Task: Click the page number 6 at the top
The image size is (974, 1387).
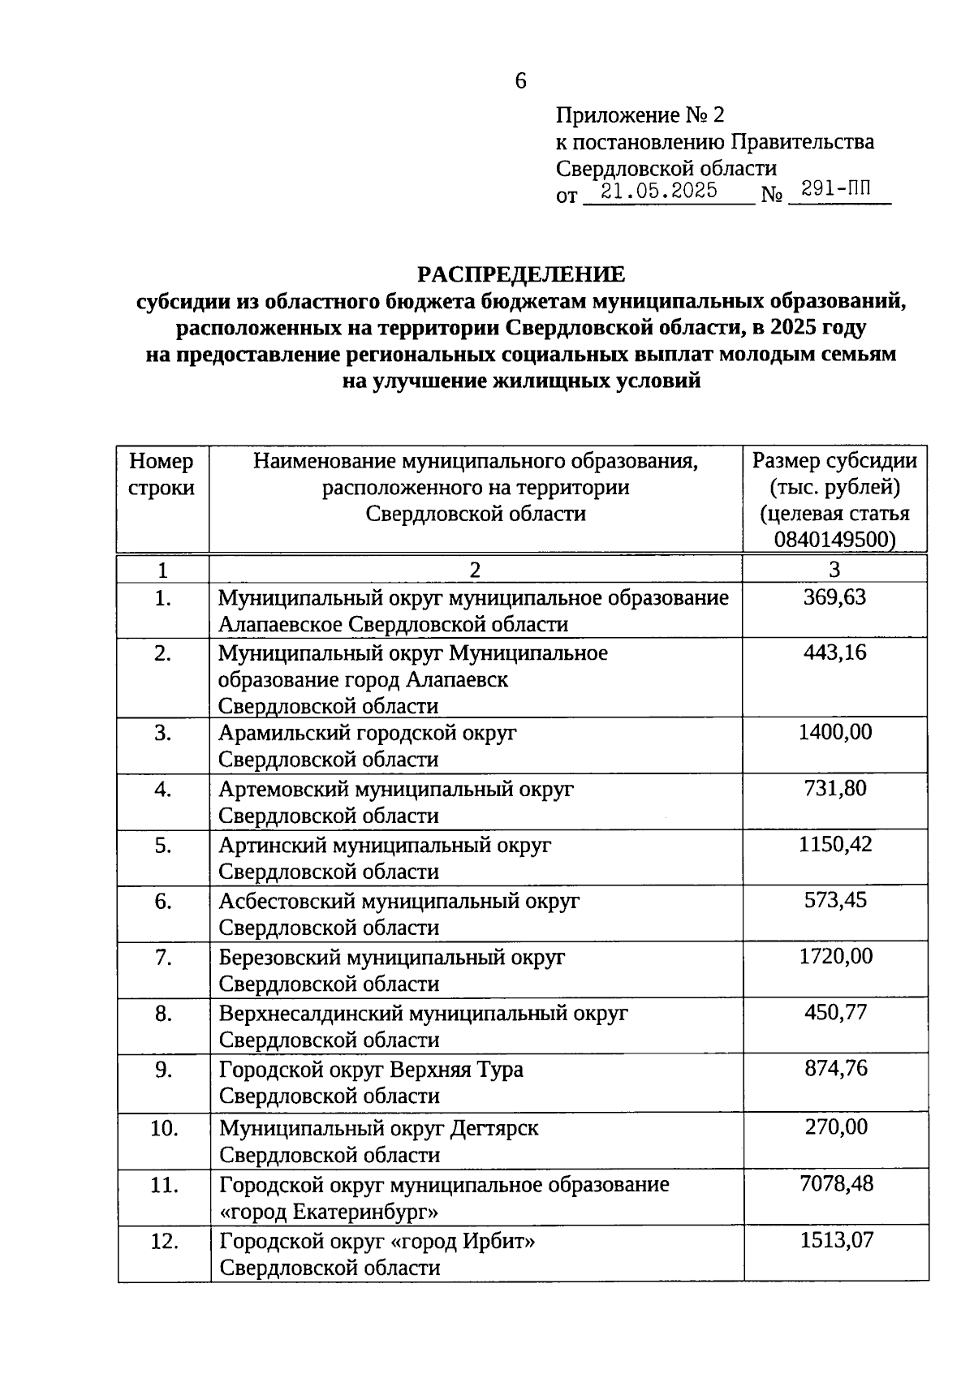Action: (x=520, y=80)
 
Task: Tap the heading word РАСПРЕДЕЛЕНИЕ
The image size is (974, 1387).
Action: (x=521, y=274)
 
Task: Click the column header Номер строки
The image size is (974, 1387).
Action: (x=162, y=474)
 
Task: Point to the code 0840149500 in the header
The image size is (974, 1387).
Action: (x=834, y=540)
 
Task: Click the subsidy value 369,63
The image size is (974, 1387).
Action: (x=835, y=597)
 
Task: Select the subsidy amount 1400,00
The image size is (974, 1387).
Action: (x=835, y=732)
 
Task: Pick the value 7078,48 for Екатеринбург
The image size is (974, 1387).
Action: (x=836, y=1183)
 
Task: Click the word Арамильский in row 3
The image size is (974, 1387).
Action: (x=284, y=733)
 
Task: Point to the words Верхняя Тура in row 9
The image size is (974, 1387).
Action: (x=456, y=1070)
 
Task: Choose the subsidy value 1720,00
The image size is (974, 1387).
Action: (x=835, y=956)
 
